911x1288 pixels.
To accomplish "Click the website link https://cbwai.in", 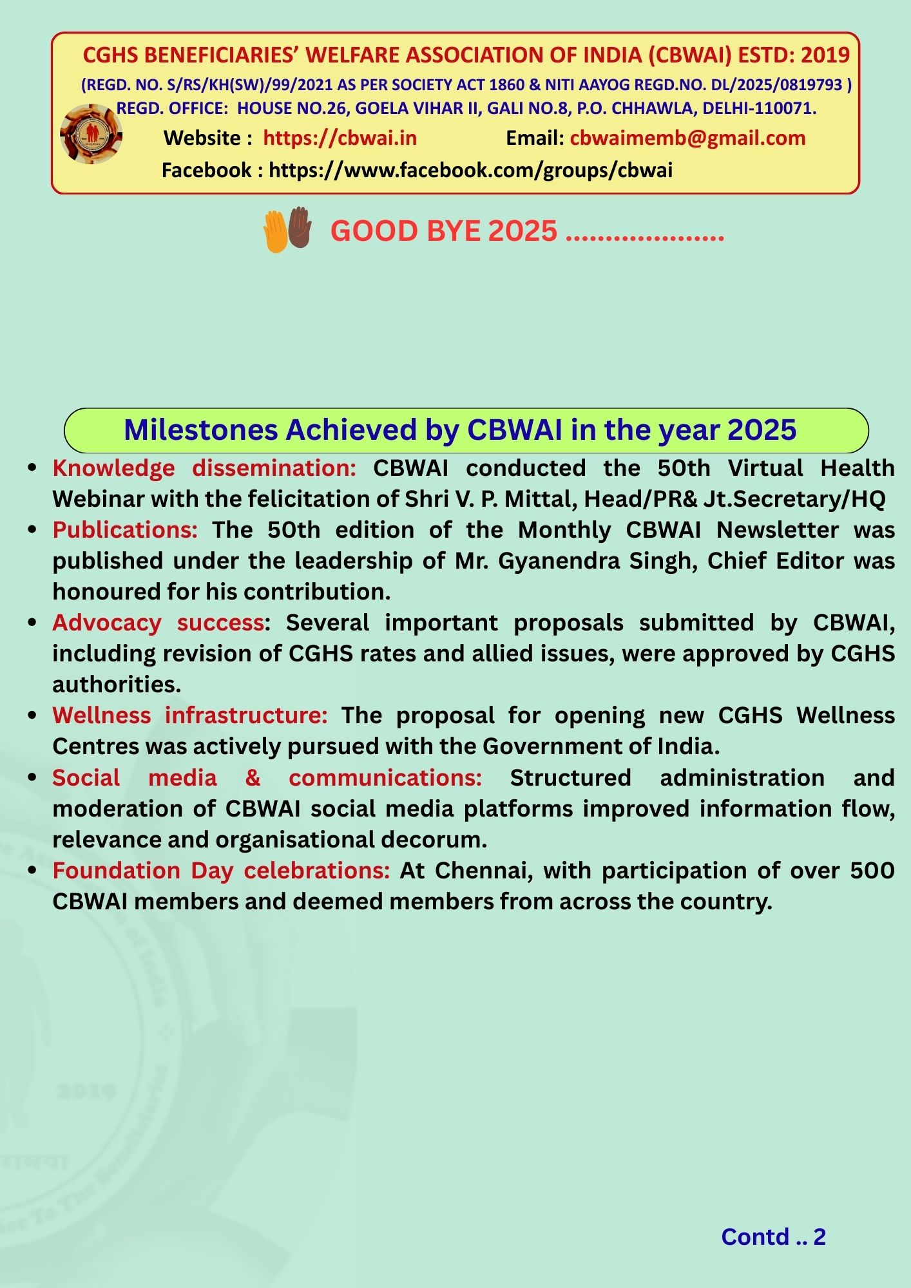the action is coord(340,138).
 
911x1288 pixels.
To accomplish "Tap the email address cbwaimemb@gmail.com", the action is coord(687,138).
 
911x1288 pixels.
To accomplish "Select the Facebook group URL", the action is coord(470,170).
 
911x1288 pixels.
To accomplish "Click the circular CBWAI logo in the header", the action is coord(91,134).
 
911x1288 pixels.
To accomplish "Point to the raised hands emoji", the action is coord(287,229).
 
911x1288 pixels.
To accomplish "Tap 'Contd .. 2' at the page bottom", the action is coord(773,1236).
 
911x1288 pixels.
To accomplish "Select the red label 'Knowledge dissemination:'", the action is coord(204,468).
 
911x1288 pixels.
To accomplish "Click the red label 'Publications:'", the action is coord(125,530).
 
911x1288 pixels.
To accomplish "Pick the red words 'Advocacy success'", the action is coord(158,623).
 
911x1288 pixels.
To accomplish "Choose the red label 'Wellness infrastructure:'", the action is coord(190,715).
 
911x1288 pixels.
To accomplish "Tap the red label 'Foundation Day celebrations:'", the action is coord(221,871).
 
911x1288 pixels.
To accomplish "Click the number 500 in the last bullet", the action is coord(872,871).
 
